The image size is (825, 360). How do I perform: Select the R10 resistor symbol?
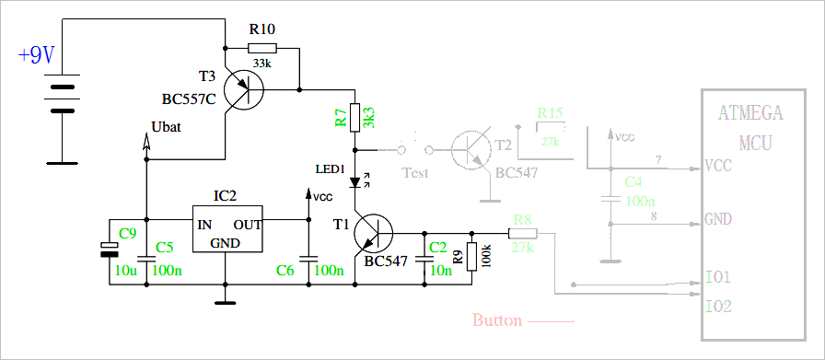click(261, 48)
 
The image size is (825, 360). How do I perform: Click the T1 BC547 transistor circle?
click(374, 234)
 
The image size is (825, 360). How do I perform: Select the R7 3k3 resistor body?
click(354, 118)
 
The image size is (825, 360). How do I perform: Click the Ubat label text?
click(165, 127)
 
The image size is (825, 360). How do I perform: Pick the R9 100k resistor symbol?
click(471, 256)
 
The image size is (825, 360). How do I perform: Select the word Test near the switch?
click(415, 173)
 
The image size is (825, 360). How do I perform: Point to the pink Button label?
click(497, 320)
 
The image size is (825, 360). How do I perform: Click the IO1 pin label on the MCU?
click(718, 277)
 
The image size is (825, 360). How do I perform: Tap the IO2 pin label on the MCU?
click(718, 306)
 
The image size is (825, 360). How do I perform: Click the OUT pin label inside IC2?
click(247, 225)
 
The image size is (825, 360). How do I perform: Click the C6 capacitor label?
click(286, 270)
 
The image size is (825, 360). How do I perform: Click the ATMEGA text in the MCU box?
click(750, 114)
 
